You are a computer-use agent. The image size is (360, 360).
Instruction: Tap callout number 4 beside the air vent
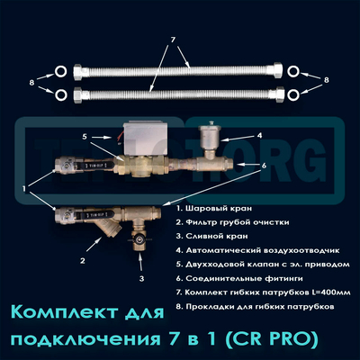259,137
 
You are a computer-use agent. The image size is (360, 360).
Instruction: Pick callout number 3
142,279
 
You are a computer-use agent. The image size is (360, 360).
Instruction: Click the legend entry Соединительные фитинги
234,274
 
